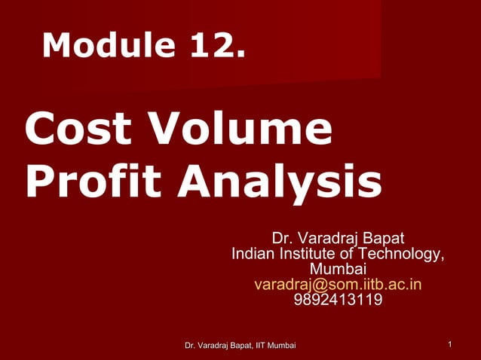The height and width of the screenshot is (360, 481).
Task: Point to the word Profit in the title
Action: [x=95, y=182]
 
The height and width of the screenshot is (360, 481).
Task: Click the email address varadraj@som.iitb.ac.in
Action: [x=338, y=284]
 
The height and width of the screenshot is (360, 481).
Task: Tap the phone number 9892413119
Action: [x=338, y=300]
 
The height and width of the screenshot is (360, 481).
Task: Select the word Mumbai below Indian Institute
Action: [x=338, y=268]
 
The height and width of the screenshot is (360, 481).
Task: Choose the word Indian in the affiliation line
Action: [x=255, y=253]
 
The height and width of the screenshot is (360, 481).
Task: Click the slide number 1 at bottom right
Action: [x=449, y=345]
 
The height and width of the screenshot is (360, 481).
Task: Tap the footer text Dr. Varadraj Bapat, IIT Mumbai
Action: [x=240, y=345]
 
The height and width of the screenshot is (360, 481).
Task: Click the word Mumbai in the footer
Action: [x=282, y=345]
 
